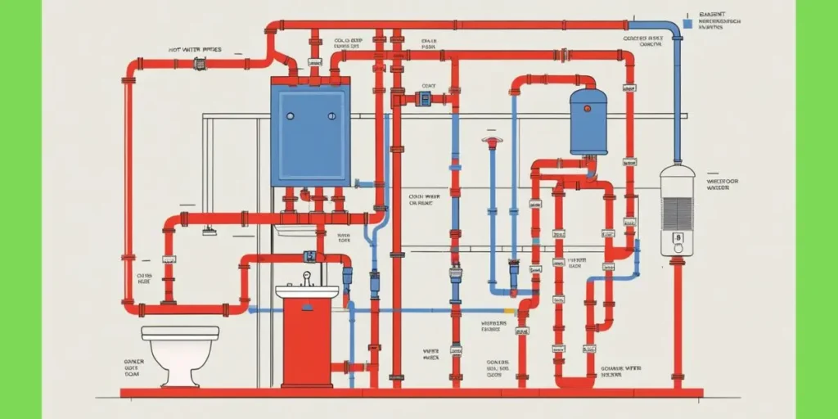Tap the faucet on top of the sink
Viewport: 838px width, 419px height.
click(x=307, y=278)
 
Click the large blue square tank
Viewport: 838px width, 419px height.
click(x=310, y=134)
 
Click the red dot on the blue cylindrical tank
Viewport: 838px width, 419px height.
click(x=588, y=107)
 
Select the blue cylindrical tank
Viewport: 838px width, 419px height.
click(x=588, y=123)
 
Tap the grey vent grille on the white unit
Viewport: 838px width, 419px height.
click(x=677, y=212)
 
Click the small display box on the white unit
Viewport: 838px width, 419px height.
click(x=677, y=240)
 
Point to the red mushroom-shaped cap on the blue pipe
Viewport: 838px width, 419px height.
click(x=491, y=142)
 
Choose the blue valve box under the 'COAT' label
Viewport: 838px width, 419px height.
click(x=424, y=99)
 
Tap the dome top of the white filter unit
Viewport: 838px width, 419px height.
click(x=677, y=171)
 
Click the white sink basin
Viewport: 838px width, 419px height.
click(x=307, y=292)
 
